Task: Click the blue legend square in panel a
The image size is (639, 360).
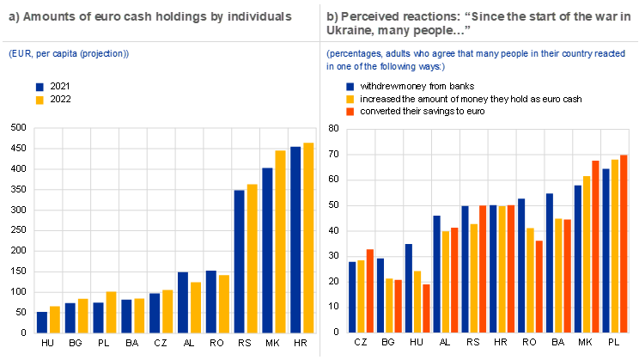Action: pos(40,87)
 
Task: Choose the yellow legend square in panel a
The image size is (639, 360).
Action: pos(40,101)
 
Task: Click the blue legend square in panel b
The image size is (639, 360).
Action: pos(350,87)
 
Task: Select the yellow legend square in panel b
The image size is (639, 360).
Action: pos(350,100)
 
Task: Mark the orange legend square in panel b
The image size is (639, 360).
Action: pos(350,112)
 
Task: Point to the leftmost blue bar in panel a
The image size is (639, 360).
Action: pos(41,322)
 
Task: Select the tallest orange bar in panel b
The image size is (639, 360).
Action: pos(624,244)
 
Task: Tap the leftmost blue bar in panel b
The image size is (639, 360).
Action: pos(352,296)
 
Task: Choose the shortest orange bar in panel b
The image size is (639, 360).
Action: pos(427,308)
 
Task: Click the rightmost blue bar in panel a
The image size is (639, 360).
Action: pos(295,240)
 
